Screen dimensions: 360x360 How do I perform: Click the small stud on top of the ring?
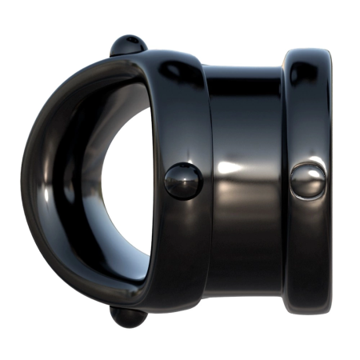(128, 45)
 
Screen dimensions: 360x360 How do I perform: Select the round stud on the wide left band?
(183, 180)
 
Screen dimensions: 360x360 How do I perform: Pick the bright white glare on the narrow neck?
(232, 169)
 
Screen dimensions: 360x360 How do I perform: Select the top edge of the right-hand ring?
(308, 51)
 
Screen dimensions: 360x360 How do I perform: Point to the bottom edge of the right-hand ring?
(308, 310)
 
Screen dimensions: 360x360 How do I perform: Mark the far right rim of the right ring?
(334, 180)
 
